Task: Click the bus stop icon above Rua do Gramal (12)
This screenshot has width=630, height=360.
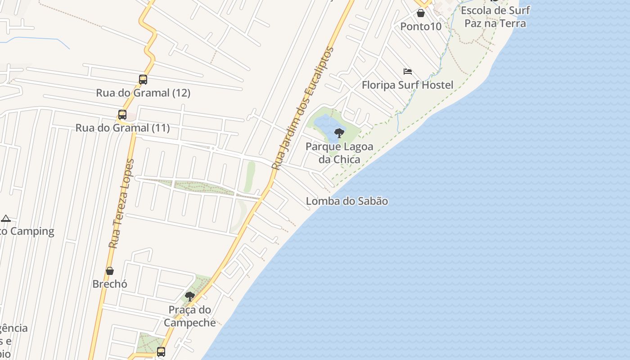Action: point(143,80)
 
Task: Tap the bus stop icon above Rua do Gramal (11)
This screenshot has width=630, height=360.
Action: point(122,114)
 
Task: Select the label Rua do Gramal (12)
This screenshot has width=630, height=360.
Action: point(143,93)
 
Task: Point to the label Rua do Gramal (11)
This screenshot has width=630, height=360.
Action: point(122,128)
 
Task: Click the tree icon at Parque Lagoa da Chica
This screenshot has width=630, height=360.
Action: point(339,133)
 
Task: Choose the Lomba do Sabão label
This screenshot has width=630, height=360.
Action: point(346,201)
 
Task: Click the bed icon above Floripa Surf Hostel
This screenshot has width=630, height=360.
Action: point(408,72)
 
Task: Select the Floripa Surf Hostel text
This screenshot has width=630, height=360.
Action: point(407,85)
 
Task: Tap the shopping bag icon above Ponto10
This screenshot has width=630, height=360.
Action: point(421,13)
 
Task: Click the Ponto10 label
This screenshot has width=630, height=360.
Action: point(421,27)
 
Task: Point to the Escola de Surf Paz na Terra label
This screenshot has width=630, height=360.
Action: point(495,17)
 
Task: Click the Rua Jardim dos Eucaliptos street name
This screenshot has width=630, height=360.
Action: point(303,108)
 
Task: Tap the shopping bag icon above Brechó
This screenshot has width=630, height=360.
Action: point(109,271)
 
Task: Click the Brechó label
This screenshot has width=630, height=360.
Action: point(110,284)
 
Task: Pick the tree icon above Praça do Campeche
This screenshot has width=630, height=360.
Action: point(190,296)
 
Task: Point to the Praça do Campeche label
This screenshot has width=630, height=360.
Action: point(190,316)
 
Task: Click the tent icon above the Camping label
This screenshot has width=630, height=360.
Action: point(5,219)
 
